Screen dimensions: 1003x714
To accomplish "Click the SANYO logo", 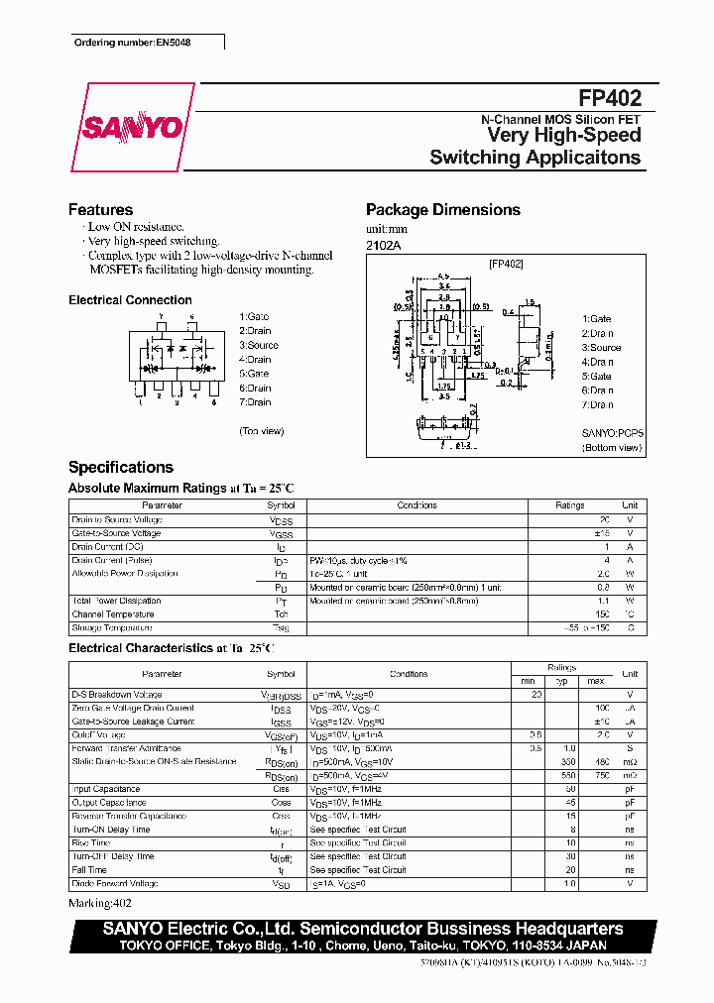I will pyautogui.click(x=131, y=128).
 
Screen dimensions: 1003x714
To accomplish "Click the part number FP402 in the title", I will pyautogui.click(x=610, y=98).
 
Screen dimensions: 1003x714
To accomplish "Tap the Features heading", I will pyautogui.click(x=100, y=210).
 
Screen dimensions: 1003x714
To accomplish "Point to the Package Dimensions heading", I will pyautogui.click(x=442, y=210).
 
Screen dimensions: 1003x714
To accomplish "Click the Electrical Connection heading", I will pyautogui.click(x=130, y=300).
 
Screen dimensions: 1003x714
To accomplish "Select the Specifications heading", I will pyautogui.click(x=120, y=467).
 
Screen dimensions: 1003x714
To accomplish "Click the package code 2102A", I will pyautogui.click(x=383, y=245).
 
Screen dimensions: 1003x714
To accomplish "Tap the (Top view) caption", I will pyautogui.click(x=262, y=431).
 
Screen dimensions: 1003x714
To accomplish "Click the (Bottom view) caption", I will pyautogui.click(x=612, y=448).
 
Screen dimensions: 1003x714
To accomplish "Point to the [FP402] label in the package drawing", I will pyautogui.click(x=506, y=264).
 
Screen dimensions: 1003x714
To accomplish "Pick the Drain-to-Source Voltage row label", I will pyautogui.click(x=116, y=519).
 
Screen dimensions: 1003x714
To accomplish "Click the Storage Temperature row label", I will pyautogui.click(x=112, y=627).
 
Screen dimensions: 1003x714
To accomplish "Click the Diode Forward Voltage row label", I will pyautogui.click(x=115, y=883).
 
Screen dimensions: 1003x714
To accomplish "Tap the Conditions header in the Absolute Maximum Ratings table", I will pyautogui.click(x=416, y=505).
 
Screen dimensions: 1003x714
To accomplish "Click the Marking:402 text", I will pyautogui.click(x=99, y=904).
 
